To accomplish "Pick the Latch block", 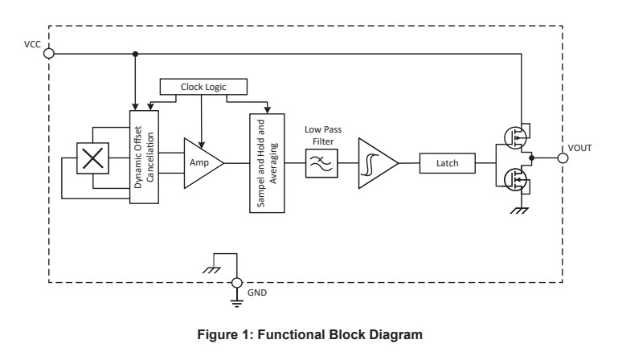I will [447, 163].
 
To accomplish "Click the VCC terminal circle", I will [48, 54].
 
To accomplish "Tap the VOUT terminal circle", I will [563, 158].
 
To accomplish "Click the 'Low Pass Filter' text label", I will [321, 134].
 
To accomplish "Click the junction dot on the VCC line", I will [135, 54].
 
